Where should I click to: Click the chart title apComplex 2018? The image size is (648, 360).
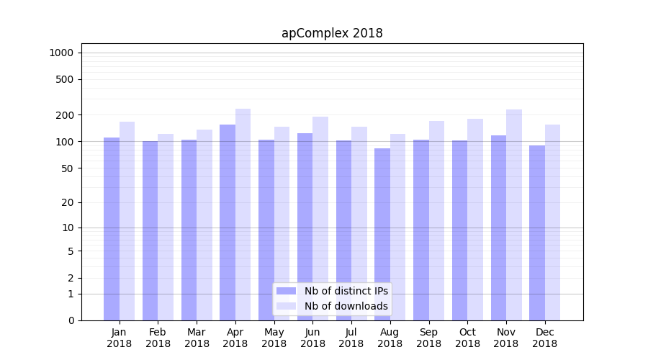[332, 33]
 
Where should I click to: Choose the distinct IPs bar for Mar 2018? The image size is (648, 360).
[189, 230]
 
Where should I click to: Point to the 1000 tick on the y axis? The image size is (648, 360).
[61, 53]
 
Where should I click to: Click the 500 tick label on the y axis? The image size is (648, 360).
[65, 79]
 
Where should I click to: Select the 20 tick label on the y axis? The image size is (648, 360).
[68, 202]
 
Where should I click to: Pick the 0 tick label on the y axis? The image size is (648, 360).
[71, 320]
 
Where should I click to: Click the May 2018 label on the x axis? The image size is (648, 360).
[274, 338]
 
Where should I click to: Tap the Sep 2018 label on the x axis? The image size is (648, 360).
[428, 338]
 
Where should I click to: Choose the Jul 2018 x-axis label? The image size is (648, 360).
[351, 338]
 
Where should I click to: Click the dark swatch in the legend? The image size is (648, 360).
[287, 291]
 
